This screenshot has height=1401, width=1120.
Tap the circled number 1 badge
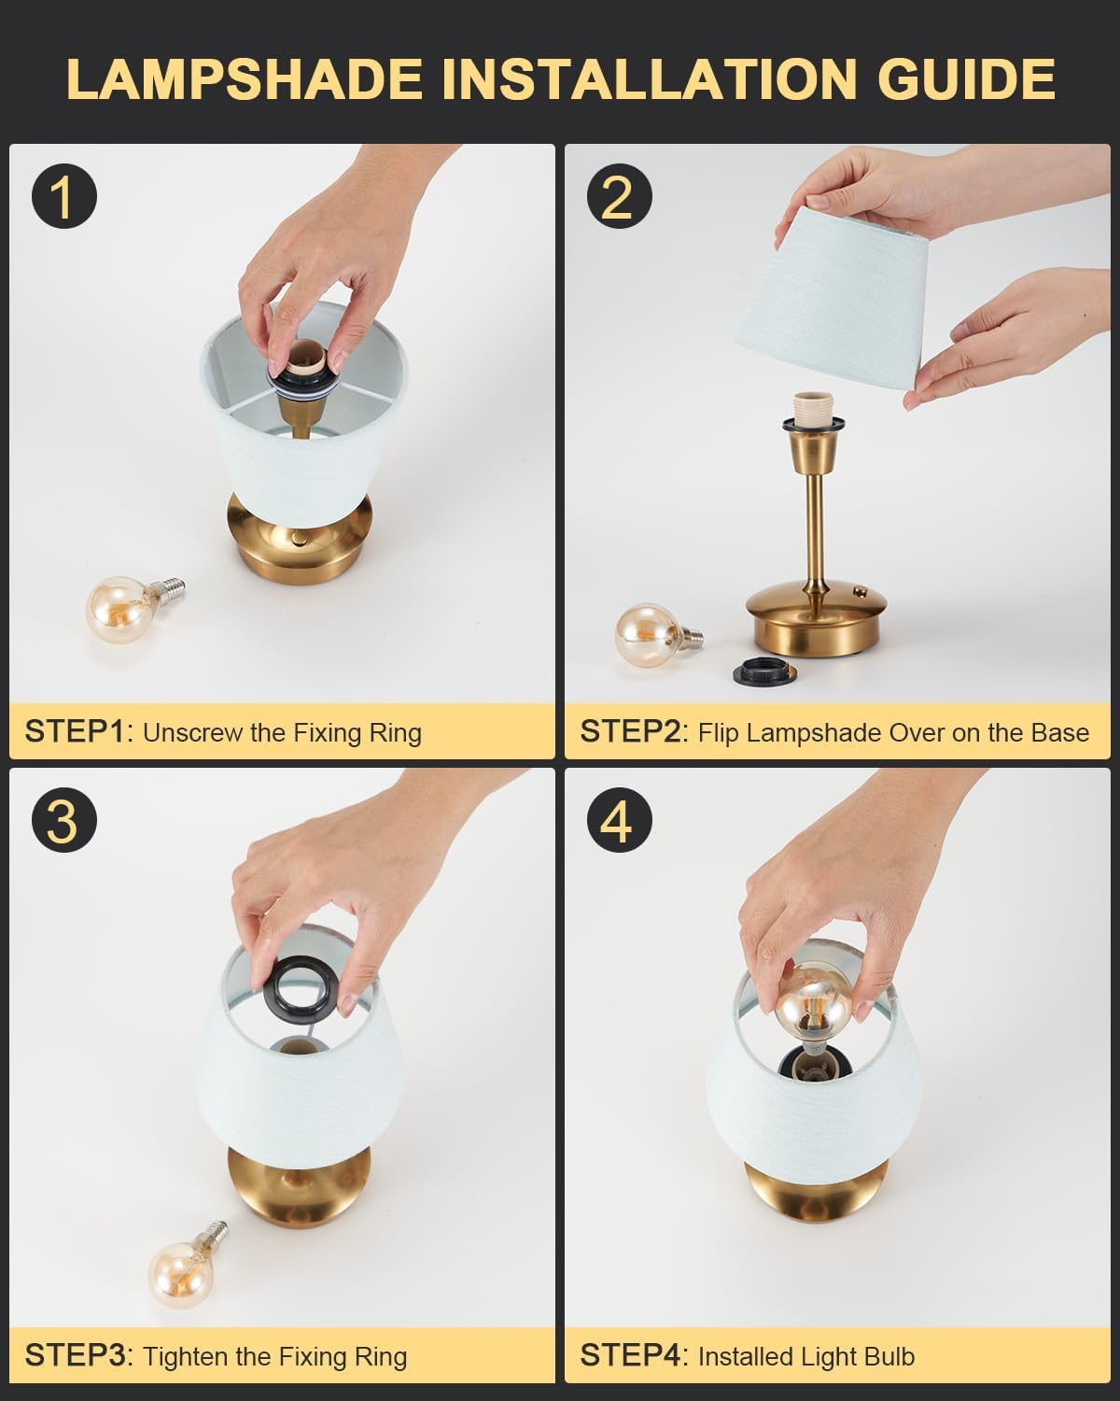point(63,197)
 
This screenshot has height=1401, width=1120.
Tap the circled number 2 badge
point(618,197)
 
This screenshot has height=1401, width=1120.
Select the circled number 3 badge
point(63,822)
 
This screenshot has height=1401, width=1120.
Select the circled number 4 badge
point(618,822)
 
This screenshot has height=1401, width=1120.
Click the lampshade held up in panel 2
point(840,299)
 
